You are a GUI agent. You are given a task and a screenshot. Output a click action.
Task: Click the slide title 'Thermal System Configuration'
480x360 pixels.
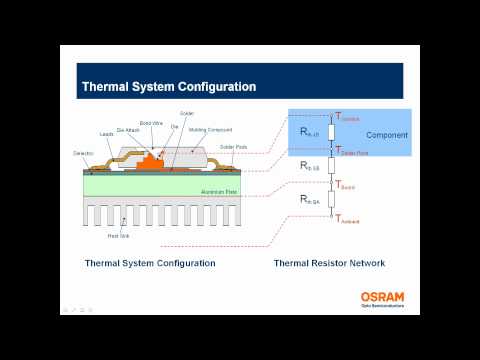(x=167, y=86)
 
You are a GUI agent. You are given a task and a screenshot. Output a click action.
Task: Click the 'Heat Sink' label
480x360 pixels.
(x=118, y=236)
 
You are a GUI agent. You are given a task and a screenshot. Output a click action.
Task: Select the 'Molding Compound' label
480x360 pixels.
(x=212, y=130)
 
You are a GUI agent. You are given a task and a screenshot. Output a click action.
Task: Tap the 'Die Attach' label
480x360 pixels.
(x=126, y=129)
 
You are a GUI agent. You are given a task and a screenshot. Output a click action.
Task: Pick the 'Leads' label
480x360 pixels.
(x=106, y=134)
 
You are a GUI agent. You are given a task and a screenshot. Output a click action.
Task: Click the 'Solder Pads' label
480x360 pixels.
(x=234, y=146)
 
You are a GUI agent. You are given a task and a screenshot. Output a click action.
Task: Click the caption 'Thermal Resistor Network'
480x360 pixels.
(x=329, y=264)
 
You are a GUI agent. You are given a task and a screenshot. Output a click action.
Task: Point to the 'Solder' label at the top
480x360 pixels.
(x=186, y=114)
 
